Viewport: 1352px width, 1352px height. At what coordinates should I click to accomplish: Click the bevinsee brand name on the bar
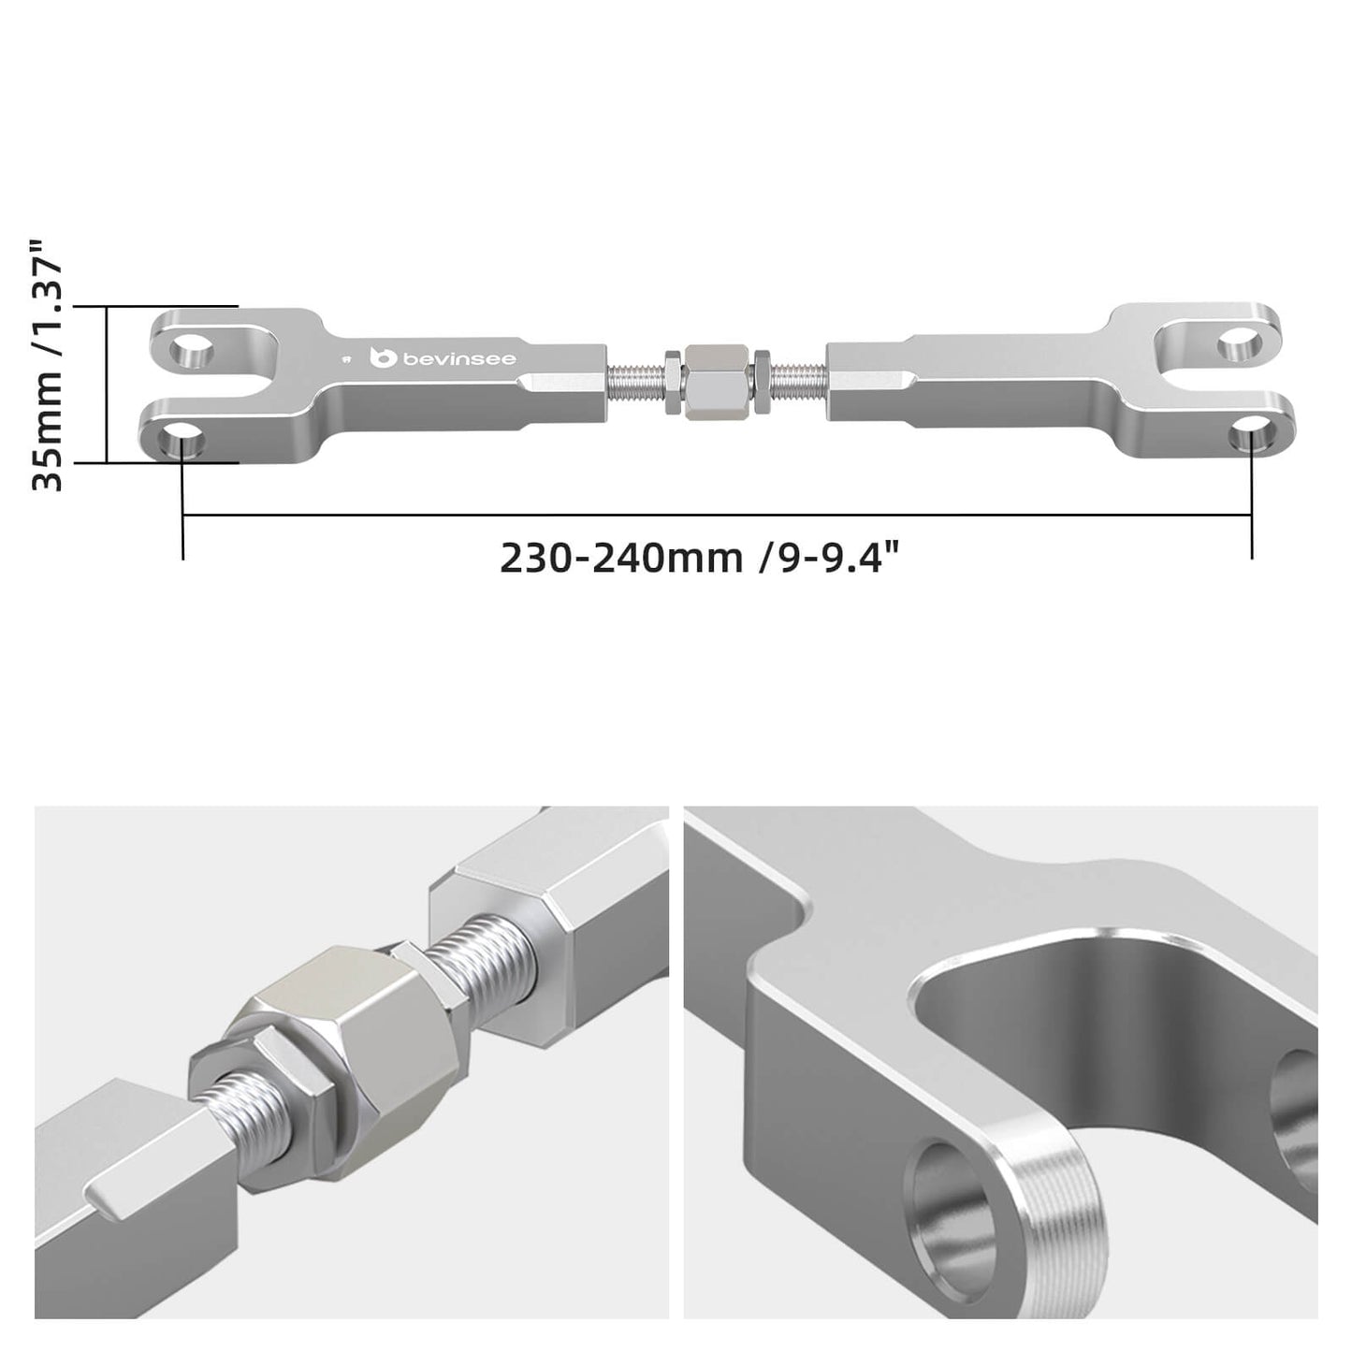pyautogui.click(x=459, y=359)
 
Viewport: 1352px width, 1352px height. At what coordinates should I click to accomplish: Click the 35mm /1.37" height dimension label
pyautogui.click(x=47, y=365)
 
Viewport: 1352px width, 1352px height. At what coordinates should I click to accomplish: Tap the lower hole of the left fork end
pyautogui.click(x=185, y=440)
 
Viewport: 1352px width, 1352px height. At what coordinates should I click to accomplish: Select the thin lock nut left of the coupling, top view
pyautogui.click(x=672, y=382)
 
